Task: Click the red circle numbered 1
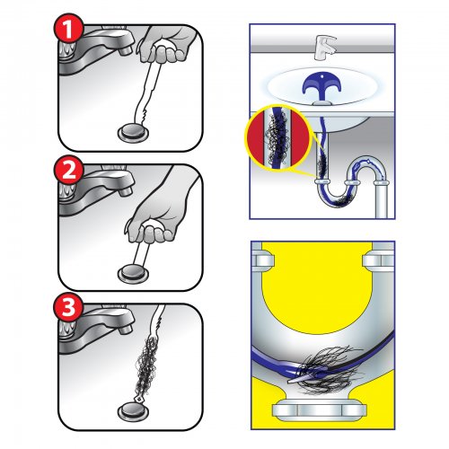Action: pyautogui.click(x=68, y=29)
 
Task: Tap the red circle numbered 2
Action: pyautogui.click(x=68, y=171)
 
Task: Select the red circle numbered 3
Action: pyautogui.click(x=68, y=307)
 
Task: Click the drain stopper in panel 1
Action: pyautogui.click(x=133, y=133)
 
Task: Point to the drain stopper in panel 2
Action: pyautogui.click(x=133, y=274)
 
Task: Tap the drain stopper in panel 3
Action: pyautogui.click(x=133, y=412)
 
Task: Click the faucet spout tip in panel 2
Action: pyautogui.click(x=126, y=190)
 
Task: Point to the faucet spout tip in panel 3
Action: pyautogui.click(x=126, y=330)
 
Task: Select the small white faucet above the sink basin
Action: pyautogui.click(x=325, y=48)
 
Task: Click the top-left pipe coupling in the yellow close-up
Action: pyautogui.click(x=263, y=260)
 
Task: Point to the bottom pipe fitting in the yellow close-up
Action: pyautogui.click(x=320, y=409)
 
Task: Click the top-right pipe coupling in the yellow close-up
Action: pyautogui.click(x=379, y=260)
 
